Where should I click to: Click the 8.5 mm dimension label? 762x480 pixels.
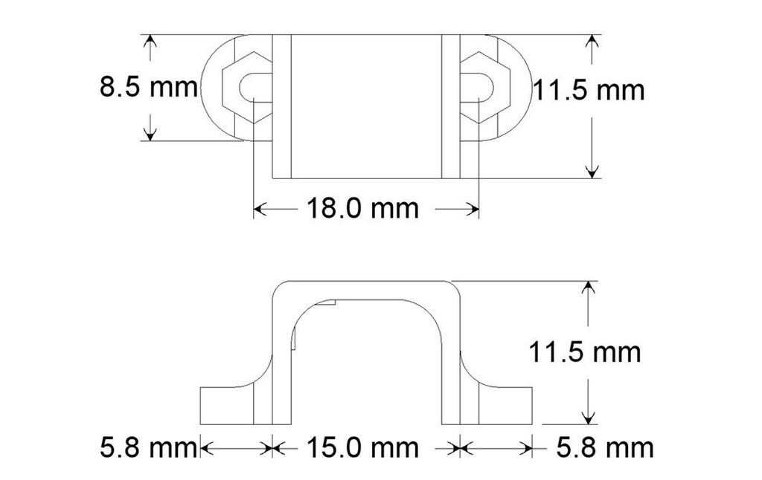point(149,88)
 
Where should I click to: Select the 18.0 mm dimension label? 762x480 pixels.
point(362,208)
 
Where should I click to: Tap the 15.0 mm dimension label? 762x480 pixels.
point(362,447)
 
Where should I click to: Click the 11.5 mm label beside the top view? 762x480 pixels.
point(588,90)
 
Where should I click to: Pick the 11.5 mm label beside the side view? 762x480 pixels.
point(585,351)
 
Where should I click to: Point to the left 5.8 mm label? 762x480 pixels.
point(148,447)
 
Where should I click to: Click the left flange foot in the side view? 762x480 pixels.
point(228,405)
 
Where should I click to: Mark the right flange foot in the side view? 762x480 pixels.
point(506,405)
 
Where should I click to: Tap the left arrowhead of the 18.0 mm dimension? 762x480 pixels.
point(260,210)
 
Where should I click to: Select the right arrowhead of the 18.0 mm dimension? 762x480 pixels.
point(472,210)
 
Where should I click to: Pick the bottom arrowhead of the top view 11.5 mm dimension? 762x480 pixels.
point(592,172)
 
